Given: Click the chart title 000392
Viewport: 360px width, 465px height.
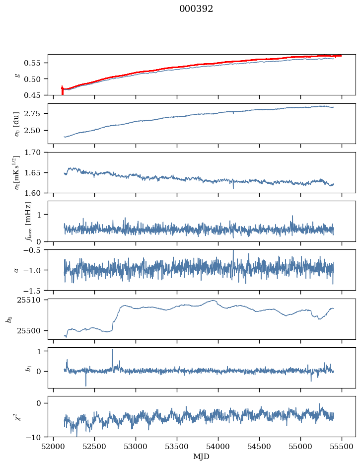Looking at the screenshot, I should point(196,9).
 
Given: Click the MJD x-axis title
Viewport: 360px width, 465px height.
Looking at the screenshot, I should point(201,457).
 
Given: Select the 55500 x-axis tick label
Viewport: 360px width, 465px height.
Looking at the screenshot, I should point(341,446).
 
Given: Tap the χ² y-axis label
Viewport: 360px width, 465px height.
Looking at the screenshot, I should point(15,416).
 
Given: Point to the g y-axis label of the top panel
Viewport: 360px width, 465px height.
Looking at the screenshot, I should point(18,75).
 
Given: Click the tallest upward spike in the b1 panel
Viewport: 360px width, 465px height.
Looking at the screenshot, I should point(112,350).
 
